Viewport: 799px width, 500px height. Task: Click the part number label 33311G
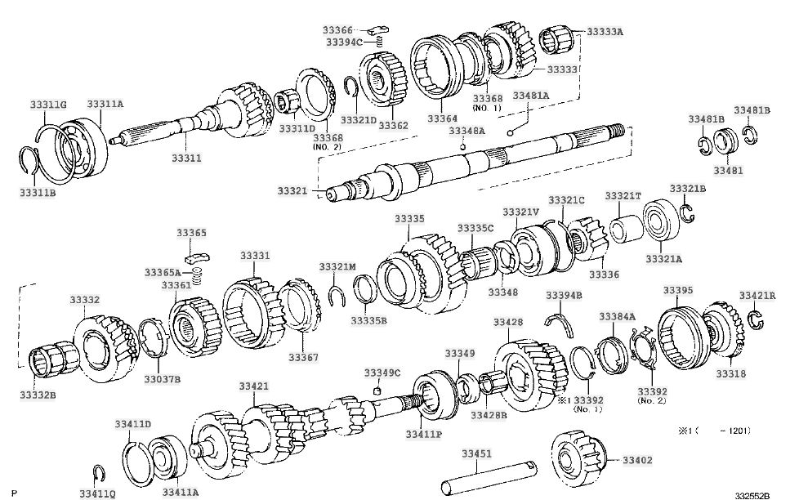click(x=48, y=105)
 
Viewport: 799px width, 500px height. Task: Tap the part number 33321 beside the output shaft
click(x=292, y=190)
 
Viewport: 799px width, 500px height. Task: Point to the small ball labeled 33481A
click(x=510, y=133)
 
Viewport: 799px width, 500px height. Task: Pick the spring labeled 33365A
click(x=199, y=276)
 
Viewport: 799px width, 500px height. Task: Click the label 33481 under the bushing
click(x=728, y=171)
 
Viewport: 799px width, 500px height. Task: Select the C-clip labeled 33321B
click(x=687, y=213)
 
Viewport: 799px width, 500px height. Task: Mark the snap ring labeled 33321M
click(x=337, y=297)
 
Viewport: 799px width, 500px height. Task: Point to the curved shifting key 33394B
click(x=560, y=324)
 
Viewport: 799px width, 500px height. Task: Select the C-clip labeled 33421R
click(x=757, y=319)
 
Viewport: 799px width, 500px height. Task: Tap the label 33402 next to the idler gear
click(x=637, y=460)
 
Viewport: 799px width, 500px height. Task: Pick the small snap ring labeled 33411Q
click(x=100, y=474)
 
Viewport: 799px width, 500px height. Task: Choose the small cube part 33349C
click(x=377, y=391)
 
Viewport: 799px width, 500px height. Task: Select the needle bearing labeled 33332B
click(x=50, y=359)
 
